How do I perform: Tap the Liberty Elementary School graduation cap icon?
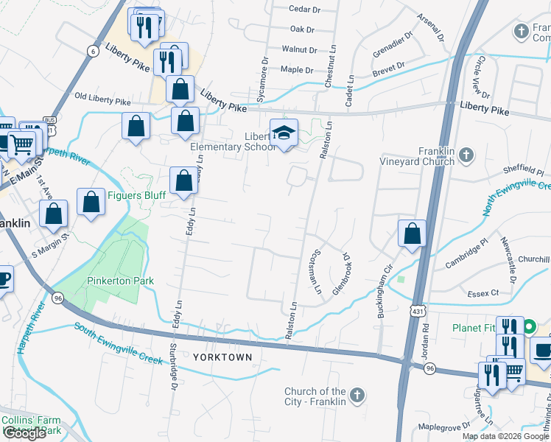pyautogui.click(x=284, y=133)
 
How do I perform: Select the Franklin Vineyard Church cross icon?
pyautogui.click(x=465, y=155)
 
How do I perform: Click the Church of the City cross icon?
pyautogui.click(x=357, y=396)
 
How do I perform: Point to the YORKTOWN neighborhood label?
pyautogui.click(x=222, y=357)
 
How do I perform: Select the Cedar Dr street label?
pyautogui.click(x=305, y=10)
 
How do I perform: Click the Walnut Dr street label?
pyautogui.click(x=299, y=50)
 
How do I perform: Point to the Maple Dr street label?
pyautogui.click(x=298, y=70)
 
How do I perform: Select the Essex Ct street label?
pyautogui.click(x=483, y=293)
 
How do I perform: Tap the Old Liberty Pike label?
pyautogui.click(x=102, y=98)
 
